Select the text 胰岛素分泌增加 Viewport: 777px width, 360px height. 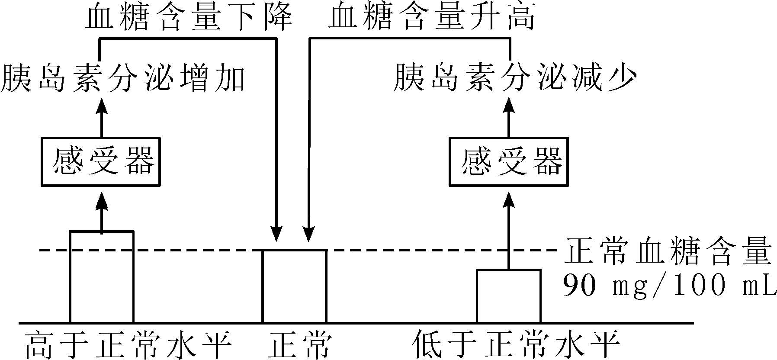(x=123, y=79)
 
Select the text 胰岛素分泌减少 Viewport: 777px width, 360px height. (x=515, y=79)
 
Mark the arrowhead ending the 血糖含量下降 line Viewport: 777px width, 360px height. (x=276, y=234)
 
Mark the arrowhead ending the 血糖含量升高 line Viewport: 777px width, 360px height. (x=308, y=234)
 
